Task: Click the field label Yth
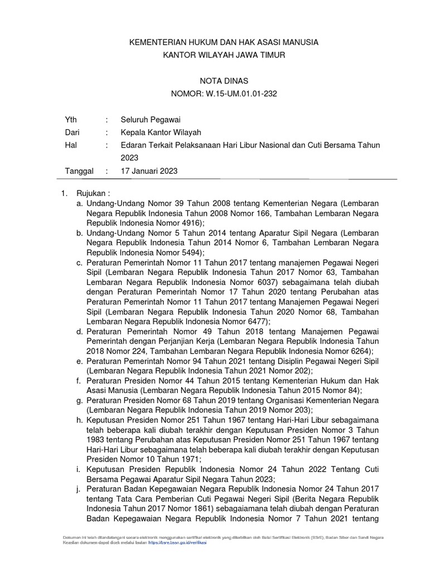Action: pos(71,120)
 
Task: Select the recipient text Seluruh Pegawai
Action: pos(150,120)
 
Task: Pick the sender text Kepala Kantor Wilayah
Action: pos(161,132)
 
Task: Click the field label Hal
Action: pos(70,145)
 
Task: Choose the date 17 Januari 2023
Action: pos(149,171)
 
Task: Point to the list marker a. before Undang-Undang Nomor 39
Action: pos(80,204)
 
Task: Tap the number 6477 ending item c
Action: pos(256,321)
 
